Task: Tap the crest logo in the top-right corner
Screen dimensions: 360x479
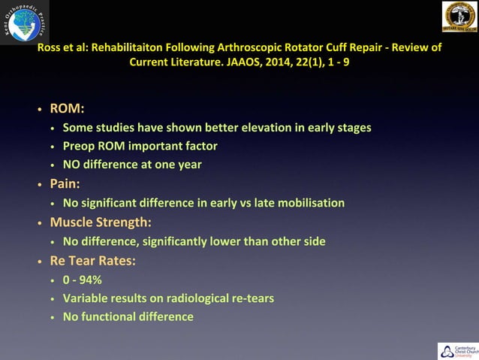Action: tap(458, 17)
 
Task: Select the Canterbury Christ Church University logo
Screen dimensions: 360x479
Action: tap(456, 350)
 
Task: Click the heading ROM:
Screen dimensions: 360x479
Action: tap(67, 109)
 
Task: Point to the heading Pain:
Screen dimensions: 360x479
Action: tap(65, 183)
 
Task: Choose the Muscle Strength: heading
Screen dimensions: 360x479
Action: tap(101, 222)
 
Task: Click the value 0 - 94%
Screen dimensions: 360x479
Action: tap(83, 280)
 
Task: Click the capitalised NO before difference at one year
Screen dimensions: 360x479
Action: tap(72, 165)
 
